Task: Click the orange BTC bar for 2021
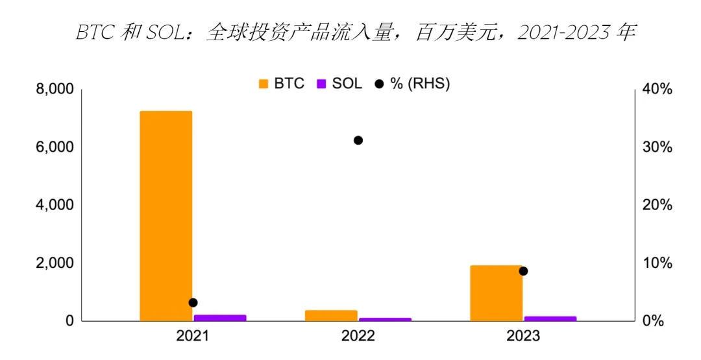166,216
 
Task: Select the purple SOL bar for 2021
220,318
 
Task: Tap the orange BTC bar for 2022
331,315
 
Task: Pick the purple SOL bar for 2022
385,319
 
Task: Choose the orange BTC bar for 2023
496,293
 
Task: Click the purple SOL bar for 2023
550,318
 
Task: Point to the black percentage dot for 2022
358,140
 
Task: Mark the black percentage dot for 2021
193,302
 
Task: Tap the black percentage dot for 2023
523,271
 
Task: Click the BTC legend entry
280,84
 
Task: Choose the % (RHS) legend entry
412,84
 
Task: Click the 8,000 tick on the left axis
55,89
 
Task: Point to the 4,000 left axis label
55,205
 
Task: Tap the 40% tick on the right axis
656,89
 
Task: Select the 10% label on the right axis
656,263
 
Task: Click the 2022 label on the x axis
358,336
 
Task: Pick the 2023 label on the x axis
523,336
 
